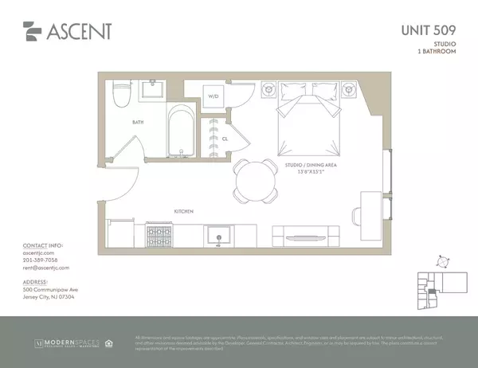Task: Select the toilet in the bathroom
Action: pyautogui.click(x=122, y=96)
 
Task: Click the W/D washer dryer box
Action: pyautogui.click(x=214, y=96)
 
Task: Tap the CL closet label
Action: pyautogui.click(x=225, y=138)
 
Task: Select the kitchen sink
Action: pyautogui.click(x=216, y=234)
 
